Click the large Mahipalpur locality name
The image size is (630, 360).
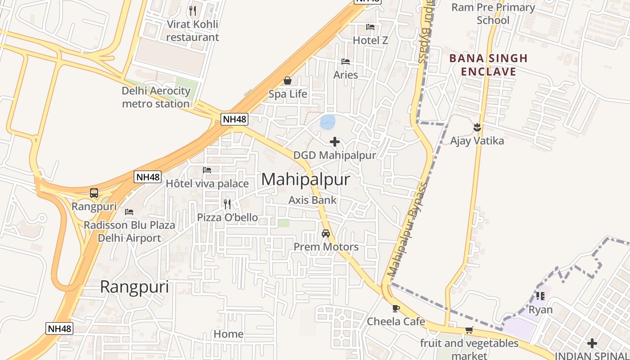(x=306, y=180)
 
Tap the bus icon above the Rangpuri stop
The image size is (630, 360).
(x=94, y=193)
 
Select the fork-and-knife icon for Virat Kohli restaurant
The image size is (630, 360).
(x=193, y=11)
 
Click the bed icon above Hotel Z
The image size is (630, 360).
(x=370, y=27)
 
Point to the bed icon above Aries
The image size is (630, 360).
(x=346, y=62)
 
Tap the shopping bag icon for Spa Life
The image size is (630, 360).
(x=288, y=81)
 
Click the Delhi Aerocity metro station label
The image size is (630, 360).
(x=156, y=97)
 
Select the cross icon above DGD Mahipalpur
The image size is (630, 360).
(x=335, y=142)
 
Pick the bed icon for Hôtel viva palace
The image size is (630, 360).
(x=207, y=170)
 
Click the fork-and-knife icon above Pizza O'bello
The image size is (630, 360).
(x=227, y=204)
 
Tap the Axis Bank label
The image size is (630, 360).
(x=313, y=200)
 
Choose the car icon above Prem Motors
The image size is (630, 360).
(x=326, y=234)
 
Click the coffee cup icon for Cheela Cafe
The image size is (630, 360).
(x=396, y=308)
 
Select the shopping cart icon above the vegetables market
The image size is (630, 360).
(x=469, y=330)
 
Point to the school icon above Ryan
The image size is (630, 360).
(x=540, y=296)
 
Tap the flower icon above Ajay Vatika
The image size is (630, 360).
(x=477, y=128)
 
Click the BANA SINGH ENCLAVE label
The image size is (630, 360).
(x=488, y=65)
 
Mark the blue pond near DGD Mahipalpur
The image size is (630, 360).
(x=328, y=121)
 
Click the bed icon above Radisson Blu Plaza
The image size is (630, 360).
(x=129, y=211)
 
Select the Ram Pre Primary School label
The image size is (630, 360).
(x=493, y=14)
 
